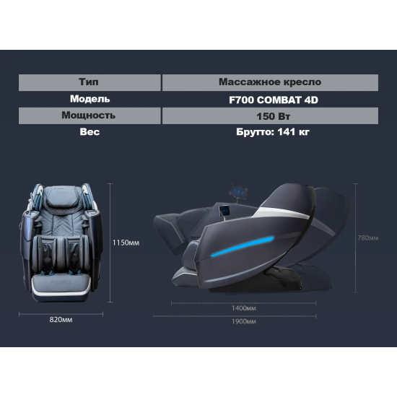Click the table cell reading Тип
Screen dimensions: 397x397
90,82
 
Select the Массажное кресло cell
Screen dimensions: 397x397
270,82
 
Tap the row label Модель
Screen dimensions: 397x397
90,99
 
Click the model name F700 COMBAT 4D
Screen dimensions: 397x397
274,100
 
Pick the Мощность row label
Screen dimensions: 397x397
90,115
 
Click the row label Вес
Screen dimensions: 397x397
90,132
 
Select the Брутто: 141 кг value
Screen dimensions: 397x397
273,132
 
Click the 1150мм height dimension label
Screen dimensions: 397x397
126,243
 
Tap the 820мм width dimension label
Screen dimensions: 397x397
61,320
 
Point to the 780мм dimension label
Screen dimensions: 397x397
368,238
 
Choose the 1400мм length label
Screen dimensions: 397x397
244,308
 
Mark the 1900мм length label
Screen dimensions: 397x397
244,321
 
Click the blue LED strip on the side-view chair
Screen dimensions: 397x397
243,247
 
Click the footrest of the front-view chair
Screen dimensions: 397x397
61,287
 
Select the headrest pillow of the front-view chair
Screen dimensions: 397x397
64,200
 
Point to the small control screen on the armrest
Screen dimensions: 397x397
224,211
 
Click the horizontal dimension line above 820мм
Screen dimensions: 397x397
61,315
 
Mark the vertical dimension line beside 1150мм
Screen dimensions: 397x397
110,243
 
